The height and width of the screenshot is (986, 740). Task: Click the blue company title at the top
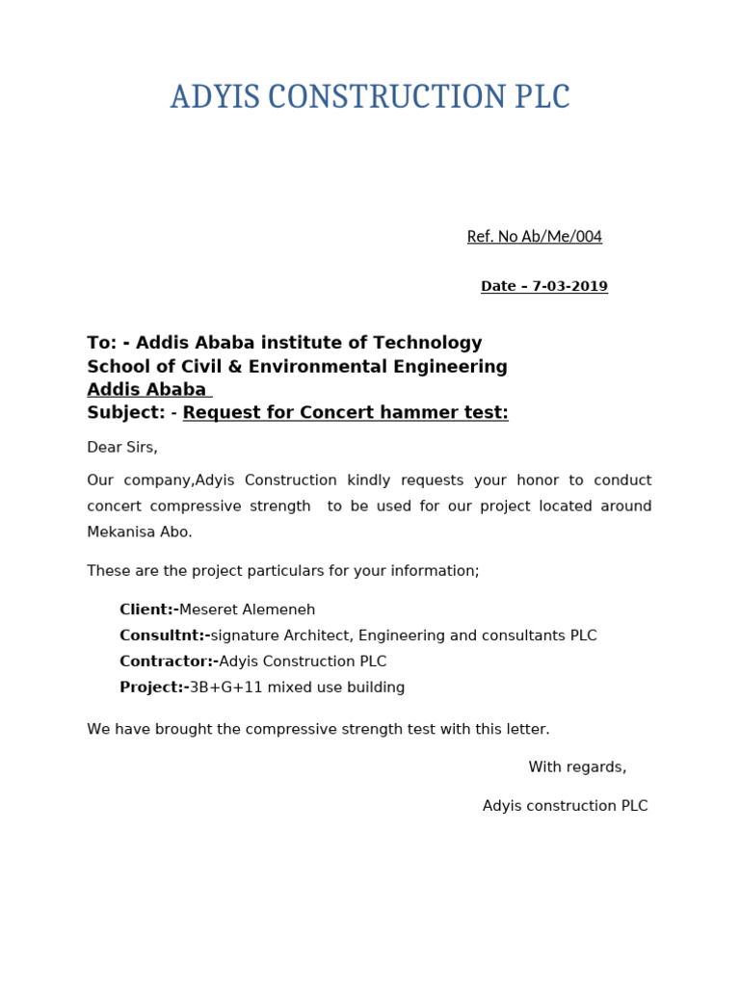click(370, 97)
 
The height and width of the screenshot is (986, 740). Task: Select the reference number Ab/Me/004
click(563, 237)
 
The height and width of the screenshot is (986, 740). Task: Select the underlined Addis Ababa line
click(146, 390)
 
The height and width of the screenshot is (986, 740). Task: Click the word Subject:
click(126, 413)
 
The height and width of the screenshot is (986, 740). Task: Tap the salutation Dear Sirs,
click(122, 448)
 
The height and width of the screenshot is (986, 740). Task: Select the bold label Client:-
click(148, 610)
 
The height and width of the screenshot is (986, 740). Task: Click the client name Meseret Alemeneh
click(248, 610)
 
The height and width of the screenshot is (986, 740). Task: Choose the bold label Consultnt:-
click(164, 636)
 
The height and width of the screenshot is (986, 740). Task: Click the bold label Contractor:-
click(169, 662)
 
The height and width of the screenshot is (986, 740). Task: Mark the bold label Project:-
click(153, 688)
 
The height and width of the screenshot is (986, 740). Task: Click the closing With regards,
click(577, 767)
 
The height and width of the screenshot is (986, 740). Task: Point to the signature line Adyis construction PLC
click(565, 806)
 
